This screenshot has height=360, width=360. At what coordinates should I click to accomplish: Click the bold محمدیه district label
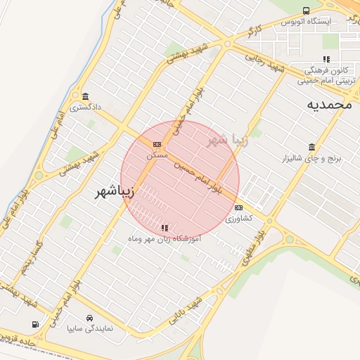click(328, 105)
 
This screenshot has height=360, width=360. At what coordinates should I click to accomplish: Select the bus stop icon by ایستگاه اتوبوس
click(306, 11)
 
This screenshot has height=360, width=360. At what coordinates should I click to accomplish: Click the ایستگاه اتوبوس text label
click(306, 22)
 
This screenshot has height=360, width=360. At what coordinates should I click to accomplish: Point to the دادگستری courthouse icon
click(85, 96)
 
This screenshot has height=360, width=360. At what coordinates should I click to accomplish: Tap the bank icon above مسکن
click(156, 144)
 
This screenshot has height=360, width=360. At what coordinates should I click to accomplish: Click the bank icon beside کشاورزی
click(239, 208)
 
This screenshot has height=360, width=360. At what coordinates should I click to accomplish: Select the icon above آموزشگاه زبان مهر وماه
click(165, 228)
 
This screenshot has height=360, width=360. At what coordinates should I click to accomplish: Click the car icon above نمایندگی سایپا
click(90, 318)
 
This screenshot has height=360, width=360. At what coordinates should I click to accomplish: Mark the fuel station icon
click(36, 324)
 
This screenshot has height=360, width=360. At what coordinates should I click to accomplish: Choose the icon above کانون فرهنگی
click(326, 60)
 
